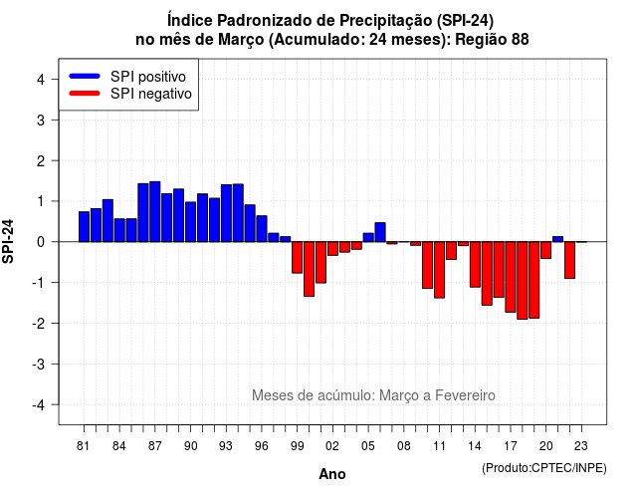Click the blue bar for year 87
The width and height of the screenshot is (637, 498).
(x=155, y=211)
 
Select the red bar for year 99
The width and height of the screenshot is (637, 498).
(x=297, y=257)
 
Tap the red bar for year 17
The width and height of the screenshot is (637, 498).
(x=511, y=277)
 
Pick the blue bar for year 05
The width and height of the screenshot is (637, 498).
(x=368, y=237)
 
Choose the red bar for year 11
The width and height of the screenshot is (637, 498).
(x=439, y=270)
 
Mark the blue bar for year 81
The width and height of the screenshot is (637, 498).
(x=84, y=226)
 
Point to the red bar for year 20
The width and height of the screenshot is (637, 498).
(x=546, y=250)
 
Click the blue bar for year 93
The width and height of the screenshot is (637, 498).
(x=226, y=213)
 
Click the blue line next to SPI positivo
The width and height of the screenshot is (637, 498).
(x=85, y=76)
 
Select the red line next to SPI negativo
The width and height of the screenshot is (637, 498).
(x=85, y=93)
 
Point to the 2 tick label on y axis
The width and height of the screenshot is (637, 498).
(x=41, y=161)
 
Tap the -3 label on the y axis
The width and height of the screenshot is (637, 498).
(x=38, y=365)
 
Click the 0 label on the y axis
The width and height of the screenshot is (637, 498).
(x=41, y=242)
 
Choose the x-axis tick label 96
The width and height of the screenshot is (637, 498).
(x=261, y=446)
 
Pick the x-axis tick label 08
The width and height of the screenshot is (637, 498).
(x=404, y=446)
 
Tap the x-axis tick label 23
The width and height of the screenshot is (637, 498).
(x=581, y=446)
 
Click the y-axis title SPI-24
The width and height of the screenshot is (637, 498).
(x=8, y=241)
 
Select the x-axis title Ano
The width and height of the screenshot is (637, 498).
(x=332, y=474)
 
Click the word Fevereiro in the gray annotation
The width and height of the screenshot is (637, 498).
(x=465, y=395)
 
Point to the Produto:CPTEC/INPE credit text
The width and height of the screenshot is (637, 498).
(x=544, y=468)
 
